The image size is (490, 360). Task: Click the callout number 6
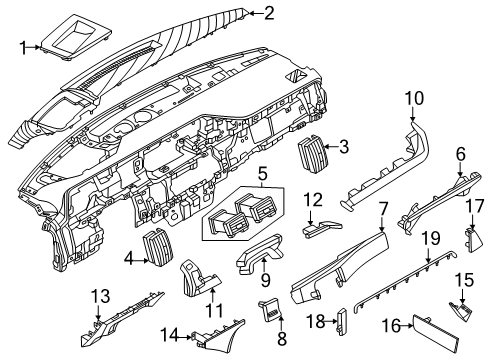(x=461, y=153)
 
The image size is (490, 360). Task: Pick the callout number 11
(x=212, y=311)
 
